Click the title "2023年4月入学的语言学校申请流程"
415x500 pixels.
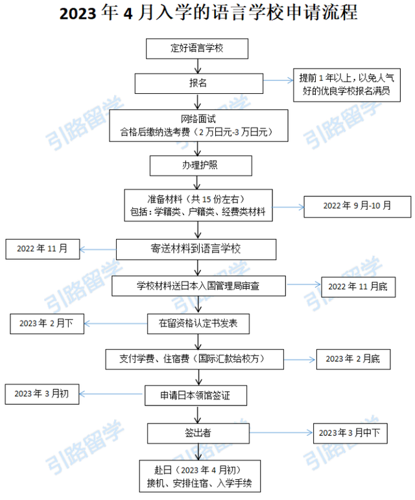[207, 15]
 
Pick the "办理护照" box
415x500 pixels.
[200, 165]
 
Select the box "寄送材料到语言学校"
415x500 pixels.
[196, 249]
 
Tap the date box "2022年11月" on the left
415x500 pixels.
[43, 248]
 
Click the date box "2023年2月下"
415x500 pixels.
[46, 323]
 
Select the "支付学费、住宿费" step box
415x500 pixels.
[194, 358]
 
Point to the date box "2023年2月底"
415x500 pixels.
[353, 359]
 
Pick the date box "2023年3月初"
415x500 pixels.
[41, 394]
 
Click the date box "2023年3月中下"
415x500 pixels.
[350, 432]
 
